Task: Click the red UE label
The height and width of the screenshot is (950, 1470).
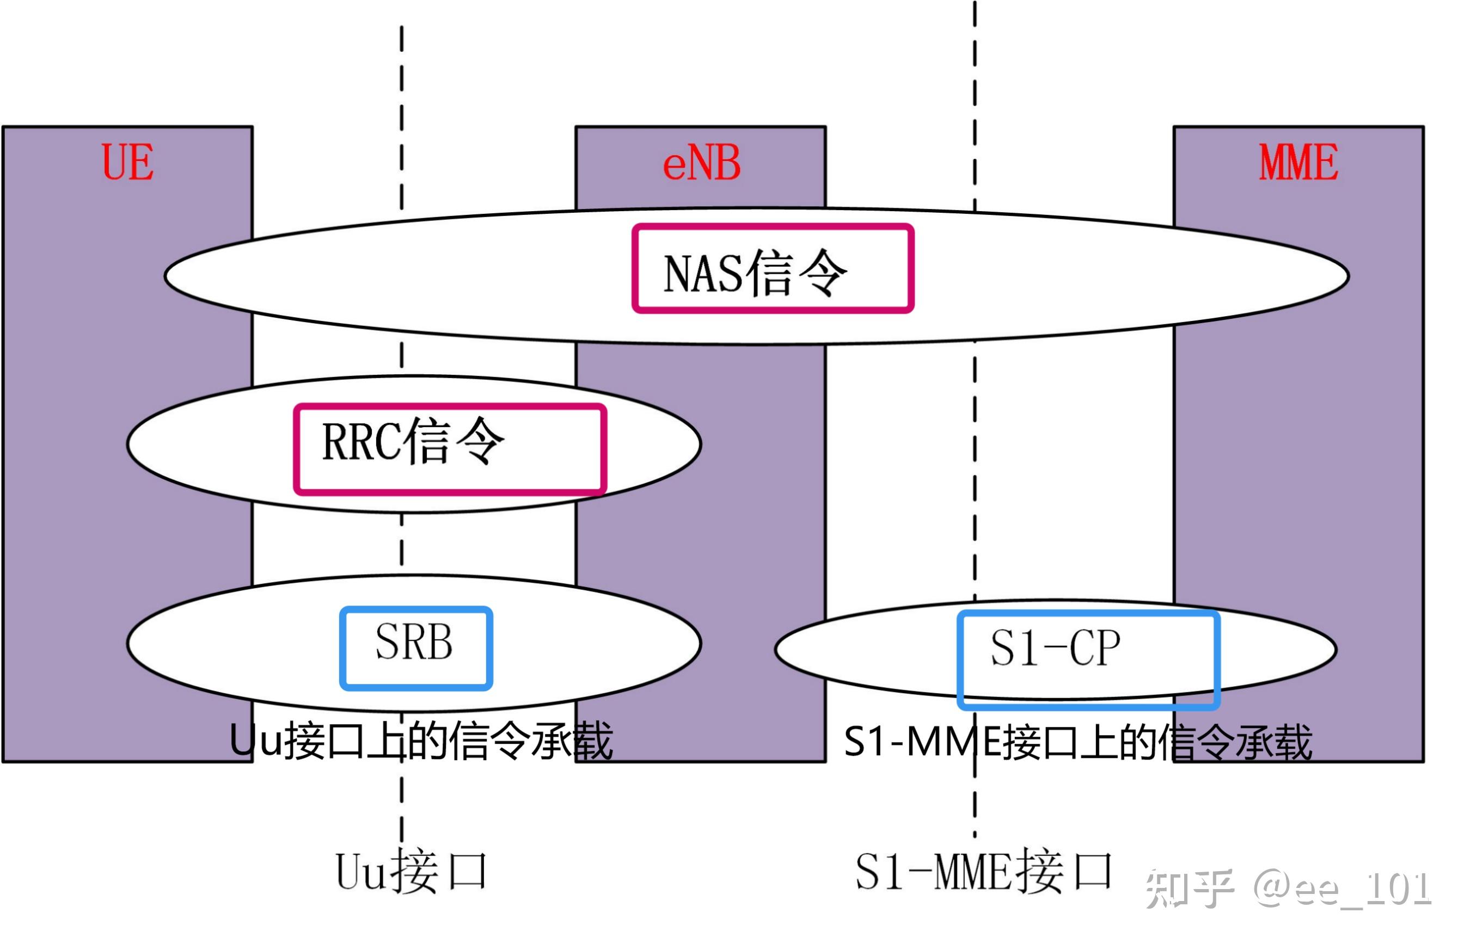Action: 128,162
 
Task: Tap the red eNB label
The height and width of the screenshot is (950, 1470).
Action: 701,163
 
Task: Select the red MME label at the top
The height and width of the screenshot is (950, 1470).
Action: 1298,162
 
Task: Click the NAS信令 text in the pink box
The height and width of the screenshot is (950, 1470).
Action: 754,273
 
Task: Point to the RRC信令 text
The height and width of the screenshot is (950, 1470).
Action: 413,441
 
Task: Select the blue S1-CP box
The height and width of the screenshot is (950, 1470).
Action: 1087,659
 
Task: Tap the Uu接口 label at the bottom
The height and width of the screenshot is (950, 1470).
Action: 411,872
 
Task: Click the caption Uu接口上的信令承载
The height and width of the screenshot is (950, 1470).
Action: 420,741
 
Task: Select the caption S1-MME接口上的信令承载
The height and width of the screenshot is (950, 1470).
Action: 1077,742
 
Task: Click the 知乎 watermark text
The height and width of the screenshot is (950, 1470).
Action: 1188,889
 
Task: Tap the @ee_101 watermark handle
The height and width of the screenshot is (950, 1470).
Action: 1342,889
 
